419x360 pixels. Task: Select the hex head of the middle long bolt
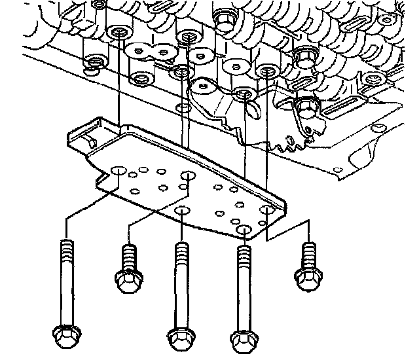180,339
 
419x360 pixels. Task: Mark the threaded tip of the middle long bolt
181,251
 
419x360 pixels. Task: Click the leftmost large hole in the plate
118,172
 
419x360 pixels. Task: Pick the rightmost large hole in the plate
266,211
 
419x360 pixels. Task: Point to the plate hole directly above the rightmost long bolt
244,230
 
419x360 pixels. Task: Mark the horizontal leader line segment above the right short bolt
288,223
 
